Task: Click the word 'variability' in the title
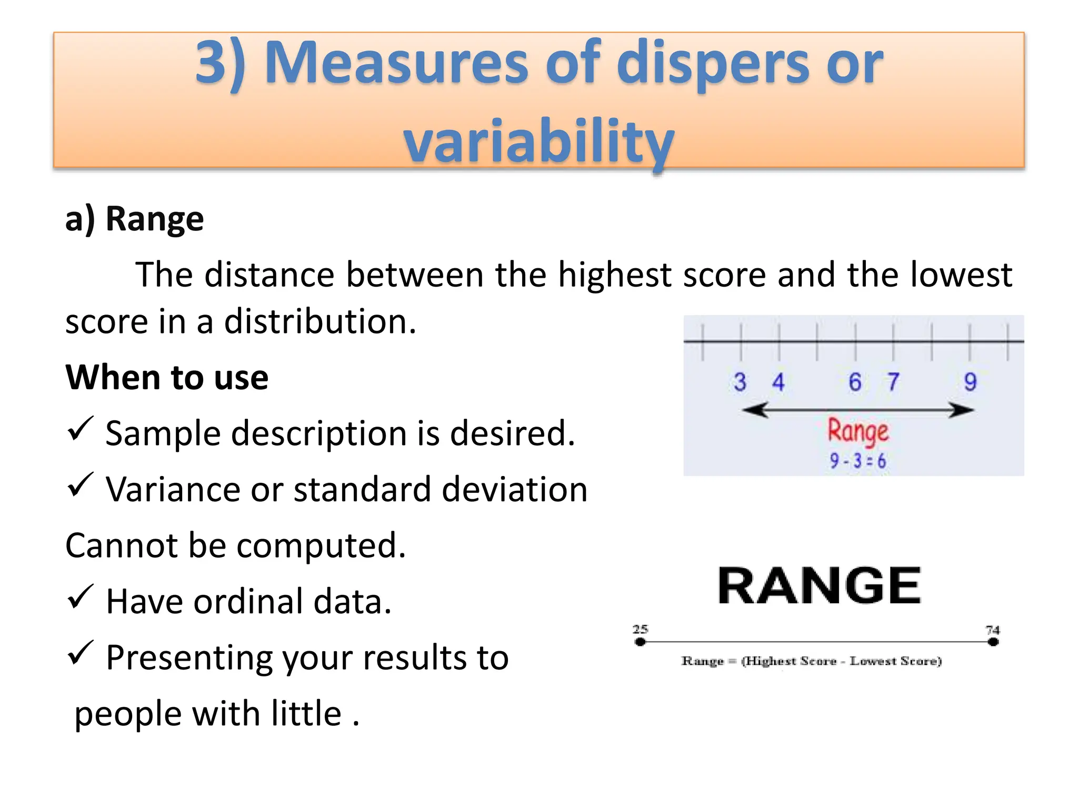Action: click(538, 141)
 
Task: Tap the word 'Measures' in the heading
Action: click(396, 64)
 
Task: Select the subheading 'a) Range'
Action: click(134, 219)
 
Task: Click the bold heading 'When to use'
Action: click(167, 378)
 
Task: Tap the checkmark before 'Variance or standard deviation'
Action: click(81, 484)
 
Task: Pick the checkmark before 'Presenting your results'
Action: click(81, 653)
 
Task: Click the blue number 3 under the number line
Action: click(740, 382)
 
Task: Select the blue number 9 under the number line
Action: click(970, 382)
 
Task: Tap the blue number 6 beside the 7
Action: click(855, 382)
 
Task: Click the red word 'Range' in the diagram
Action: click(858, 432)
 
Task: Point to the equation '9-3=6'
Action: click(858, 461)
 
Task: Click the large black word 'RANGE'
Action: click(819, 586)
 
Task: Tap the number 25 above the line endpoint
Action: click(640, 629)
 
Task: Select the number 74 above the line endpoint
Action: click(993, 630)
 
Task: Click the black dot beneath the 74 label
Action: click(993, 642)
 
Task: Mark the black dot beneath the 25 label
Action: click(640, 642)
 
